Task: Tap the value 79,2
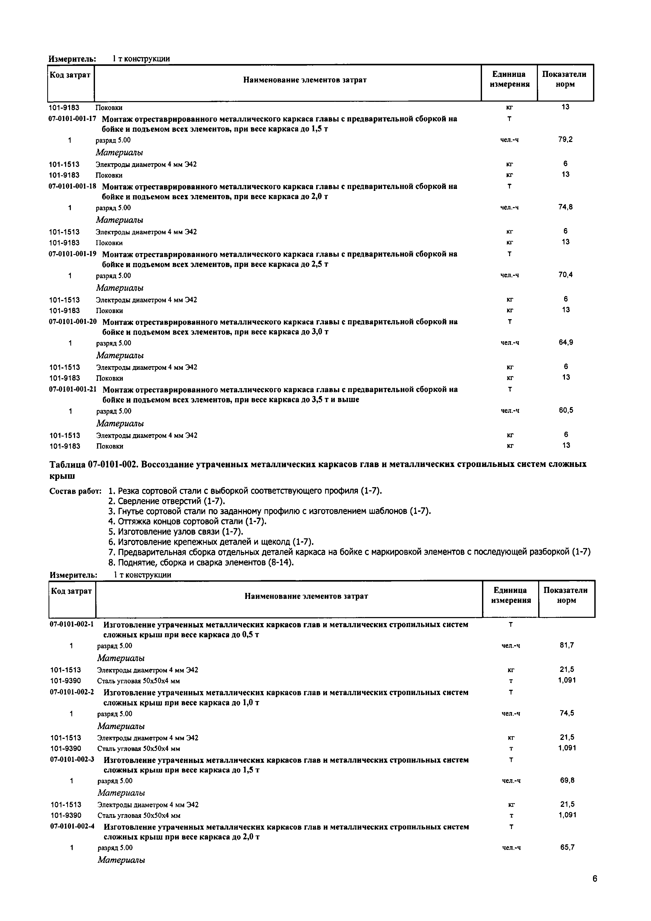point(565,140)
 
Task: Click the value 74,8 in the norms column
point(565,207)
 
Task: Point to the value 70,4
point(565,275)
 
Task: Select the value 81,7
point(567,645)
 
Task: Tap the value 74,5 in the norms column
point(567,713)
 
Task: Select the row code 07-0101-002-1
point(72,624)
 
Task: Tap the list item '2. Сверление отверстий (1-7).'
point(166,501)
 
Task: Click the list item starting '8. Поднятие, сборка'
point(201,562)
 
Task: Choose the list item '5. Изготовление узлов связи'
point(176,532)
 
